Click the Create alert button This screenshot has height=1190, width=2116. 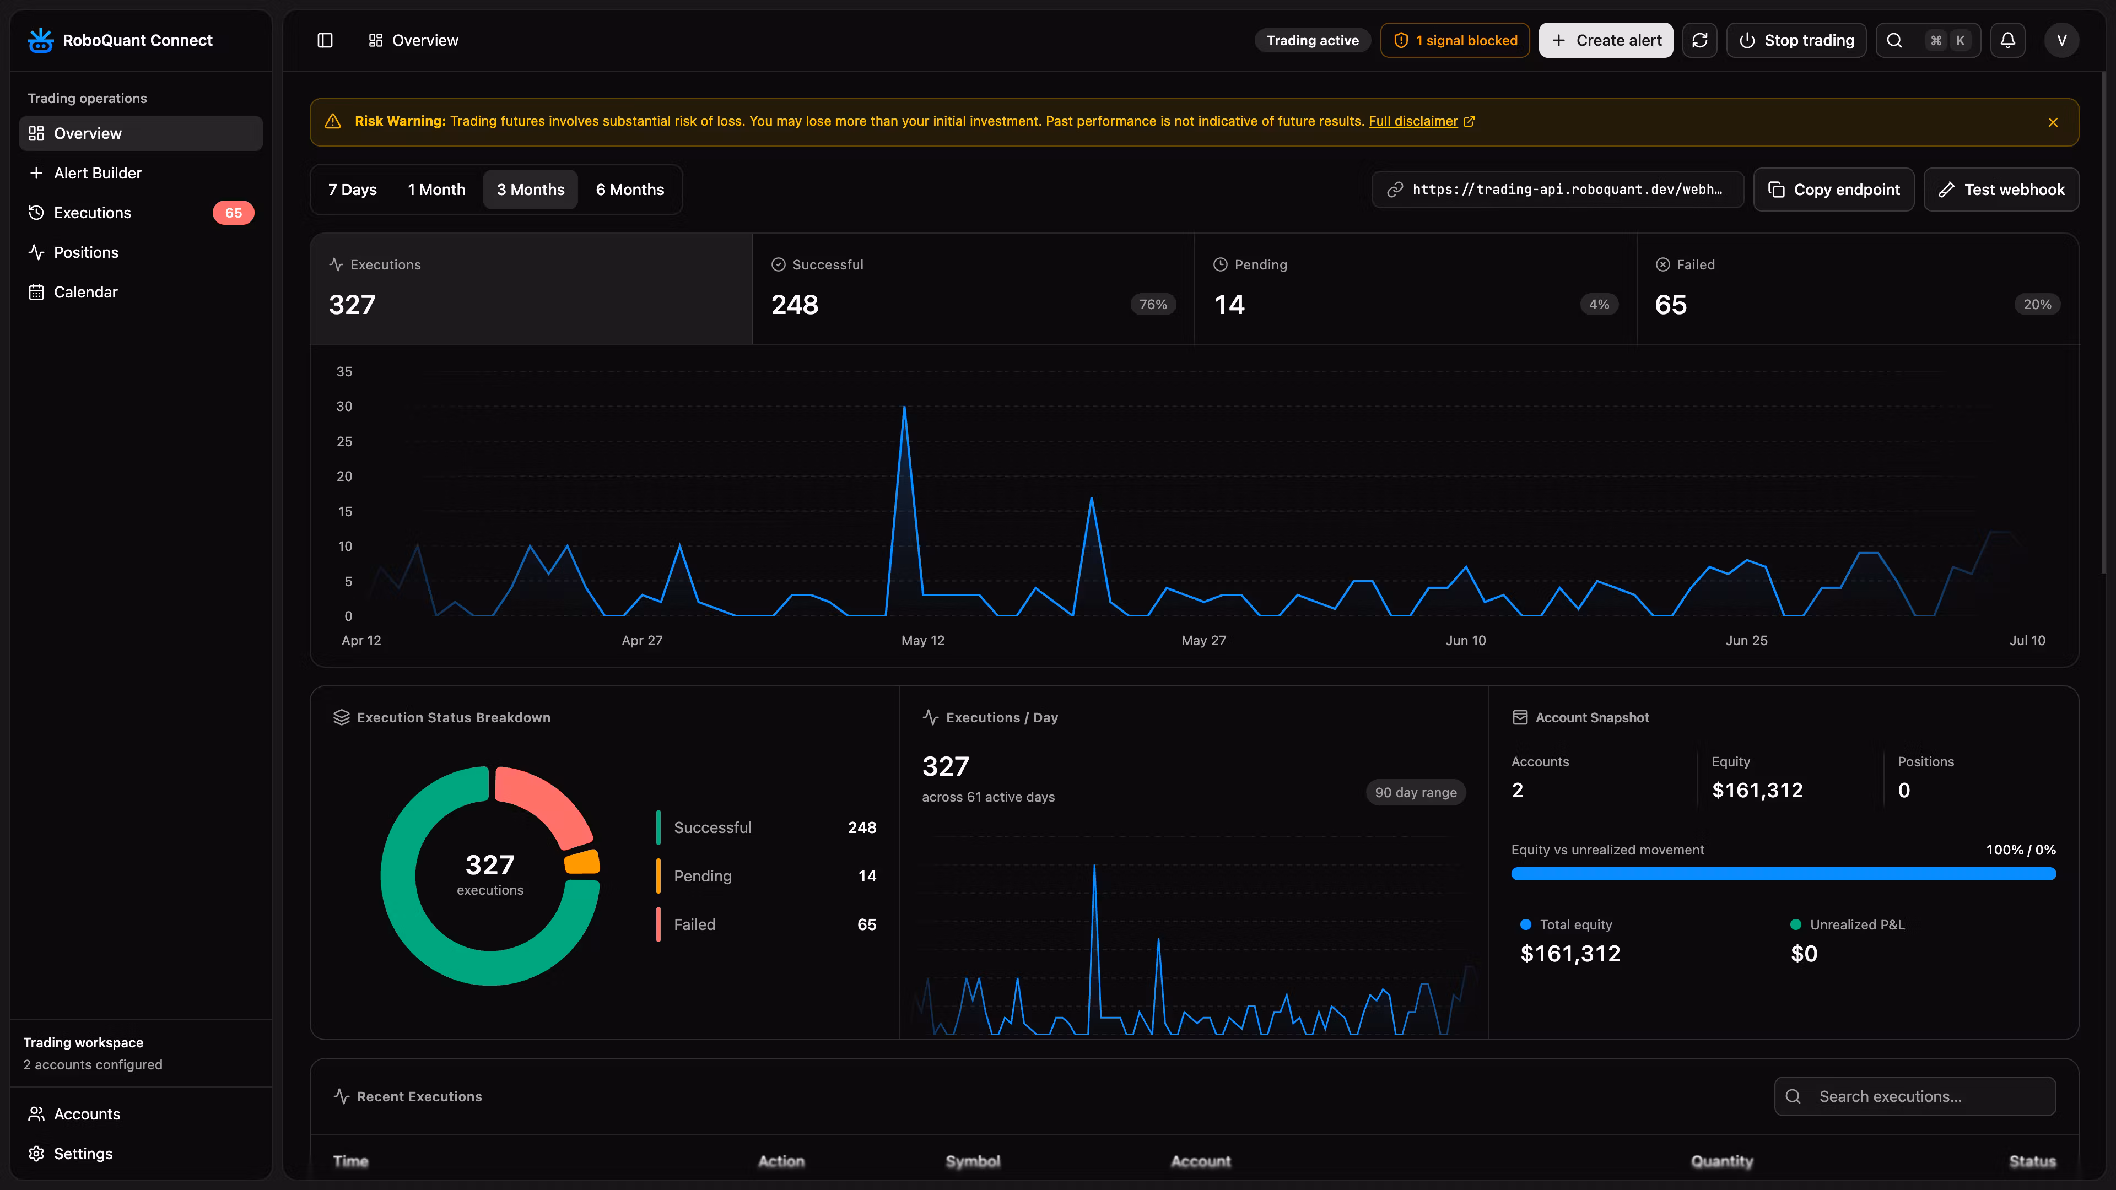pos(1606,40)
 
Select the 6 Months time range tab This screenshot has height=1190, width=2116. pos(630,190)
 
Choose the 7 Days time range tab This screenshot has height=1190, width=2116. pos(353,190)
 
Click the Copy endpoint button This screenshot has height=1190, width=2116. pos(1833,190)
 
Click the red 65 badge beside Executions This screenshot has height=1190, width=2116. pos(233,213)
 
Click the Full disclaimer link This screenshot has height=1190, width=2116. pos(1413,122)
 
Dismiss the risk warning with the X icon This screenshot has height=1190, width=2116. pos(2053,122)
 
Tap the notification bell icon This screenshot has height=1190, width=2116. pos(2007,40)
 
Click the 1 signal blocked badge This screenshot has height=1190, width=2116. pos(1455,40)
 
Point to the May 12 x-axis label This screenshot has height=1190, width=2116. pos(922,641)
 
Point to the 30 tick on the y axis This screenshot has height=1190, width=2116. pos(344,407)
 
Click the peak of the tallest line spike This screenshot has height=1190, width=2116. pos(904,407)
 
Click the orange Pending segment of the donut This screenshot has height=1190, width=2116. pos(582,862)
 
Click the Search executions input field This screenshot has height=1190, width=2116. pos(1915,1096)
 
